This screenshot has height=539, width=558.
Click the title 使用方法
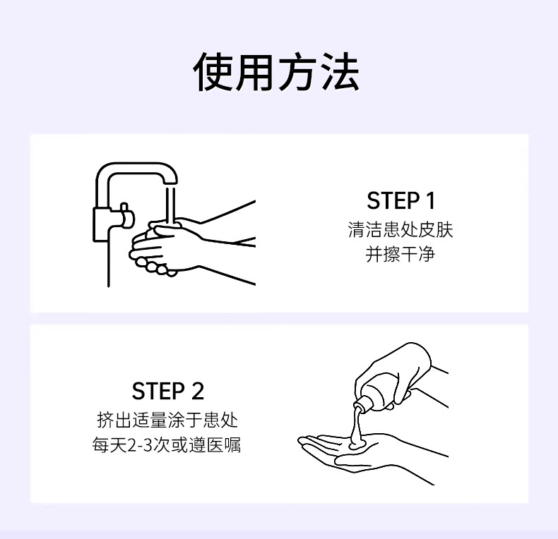[x=276, y=71]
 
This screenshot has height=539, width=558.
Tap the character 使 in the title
[x=213, y=71]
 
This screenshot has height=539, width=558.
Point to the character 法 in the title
[x=340, y=71]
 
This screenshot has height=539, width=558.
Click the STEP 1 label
[x=400, y=200]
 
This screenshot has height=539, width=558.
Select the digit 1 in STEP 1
[x=430, y=200]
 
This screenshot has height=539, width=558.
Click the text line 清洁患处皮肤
[x=400, y=229]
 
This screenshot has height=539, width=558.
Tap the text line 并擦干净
[x=400, y=254]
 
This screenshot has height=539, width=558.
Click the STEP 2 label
[x=167, y=391]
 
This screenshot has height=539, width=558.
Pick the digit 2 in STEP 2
[x=198, y=391]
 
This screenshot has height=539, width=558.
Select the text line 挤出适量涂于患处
[x=167, y=420]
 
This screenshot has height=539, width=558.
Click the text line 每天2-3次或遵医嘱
[x=167, y=444]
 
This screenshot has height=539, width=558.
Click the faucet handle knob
[x=124, y=215]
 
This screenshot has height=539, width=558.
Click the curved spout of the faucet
[x=137, y=171]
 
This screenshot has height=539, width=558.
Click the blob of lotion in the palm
[x=357, y=443]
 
